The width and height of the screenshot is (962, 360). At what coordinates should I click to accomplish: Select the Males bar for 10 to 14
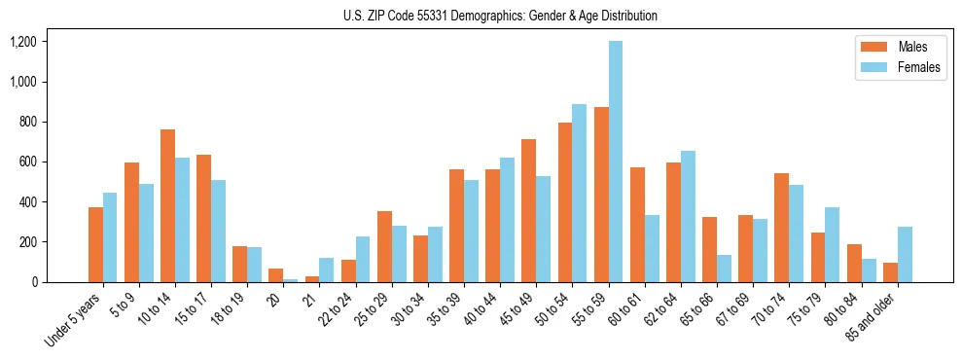pyautogui.click(x=167, y=205)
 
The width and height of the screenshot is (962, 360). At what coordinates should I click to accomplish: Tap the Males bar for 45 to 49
pyautogui.click(x=528, y=210)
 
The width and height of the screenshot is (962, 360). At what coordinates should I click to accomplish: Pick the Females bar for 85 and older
pyautogui.click(x=905, y=254)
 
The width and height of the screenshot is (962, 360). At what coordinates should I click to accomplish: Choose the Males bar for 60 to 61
pyautogui.click(x=637, y=225)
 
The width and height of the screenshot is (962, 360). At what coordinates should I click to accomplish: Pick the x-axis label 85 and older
pyautogui.click(x=870, y=316)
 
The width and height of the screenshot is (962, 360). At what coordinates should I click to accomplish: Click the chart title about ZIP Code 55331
pyautogui.click(x=500, y=16)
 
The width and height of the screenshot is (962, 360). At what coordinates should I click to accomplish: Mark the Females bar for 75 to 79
pyautogui.click(x=833, y=244)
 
